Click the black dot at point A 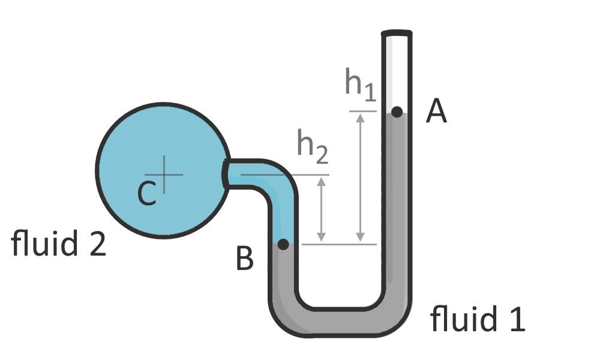[x=397, y=112]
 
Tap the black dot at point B [x=283, y=244]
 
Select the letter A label [x=436, y=111]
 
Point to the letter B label [x=245, y=259]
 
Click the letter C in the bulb [x=147, y=193]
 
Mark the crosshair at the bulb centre [x=163, y=175]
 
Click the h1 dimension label [x=360, y=84]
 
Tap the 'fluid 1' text [x=478, y=319]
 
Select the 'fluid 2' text [x=59, y=245]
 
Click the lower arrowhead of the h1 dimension [x=360, y=238]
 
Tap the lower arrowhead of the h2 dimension [x=322, y=238]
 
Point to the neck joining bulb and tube [x=240, y=174]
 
